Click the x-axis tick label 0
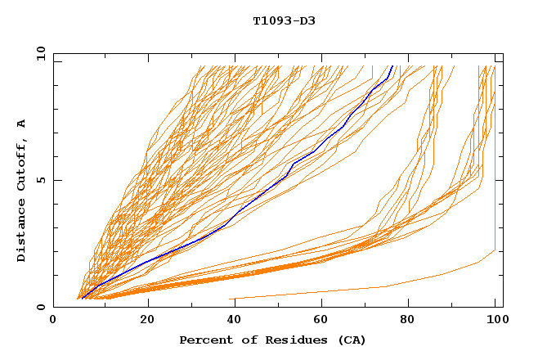[53, 321]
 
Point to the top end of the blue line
[392, 65]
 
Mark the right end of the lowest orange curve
[495, 250]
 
